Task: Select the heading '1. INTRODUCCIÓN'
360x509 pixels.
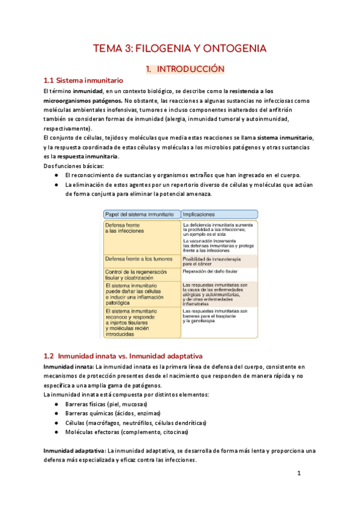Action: pos(185,69)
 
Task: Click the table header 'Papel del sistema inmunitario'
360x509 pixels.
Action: pos(139,214)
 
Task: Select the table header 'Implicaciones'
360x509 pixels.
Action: pos(200,214)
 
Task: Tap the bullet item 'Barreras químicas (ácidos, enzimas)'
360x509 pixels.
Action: pos(111,414)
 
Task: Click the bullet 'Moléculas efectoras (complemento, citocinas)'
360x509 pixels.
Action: pos(126,432)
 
